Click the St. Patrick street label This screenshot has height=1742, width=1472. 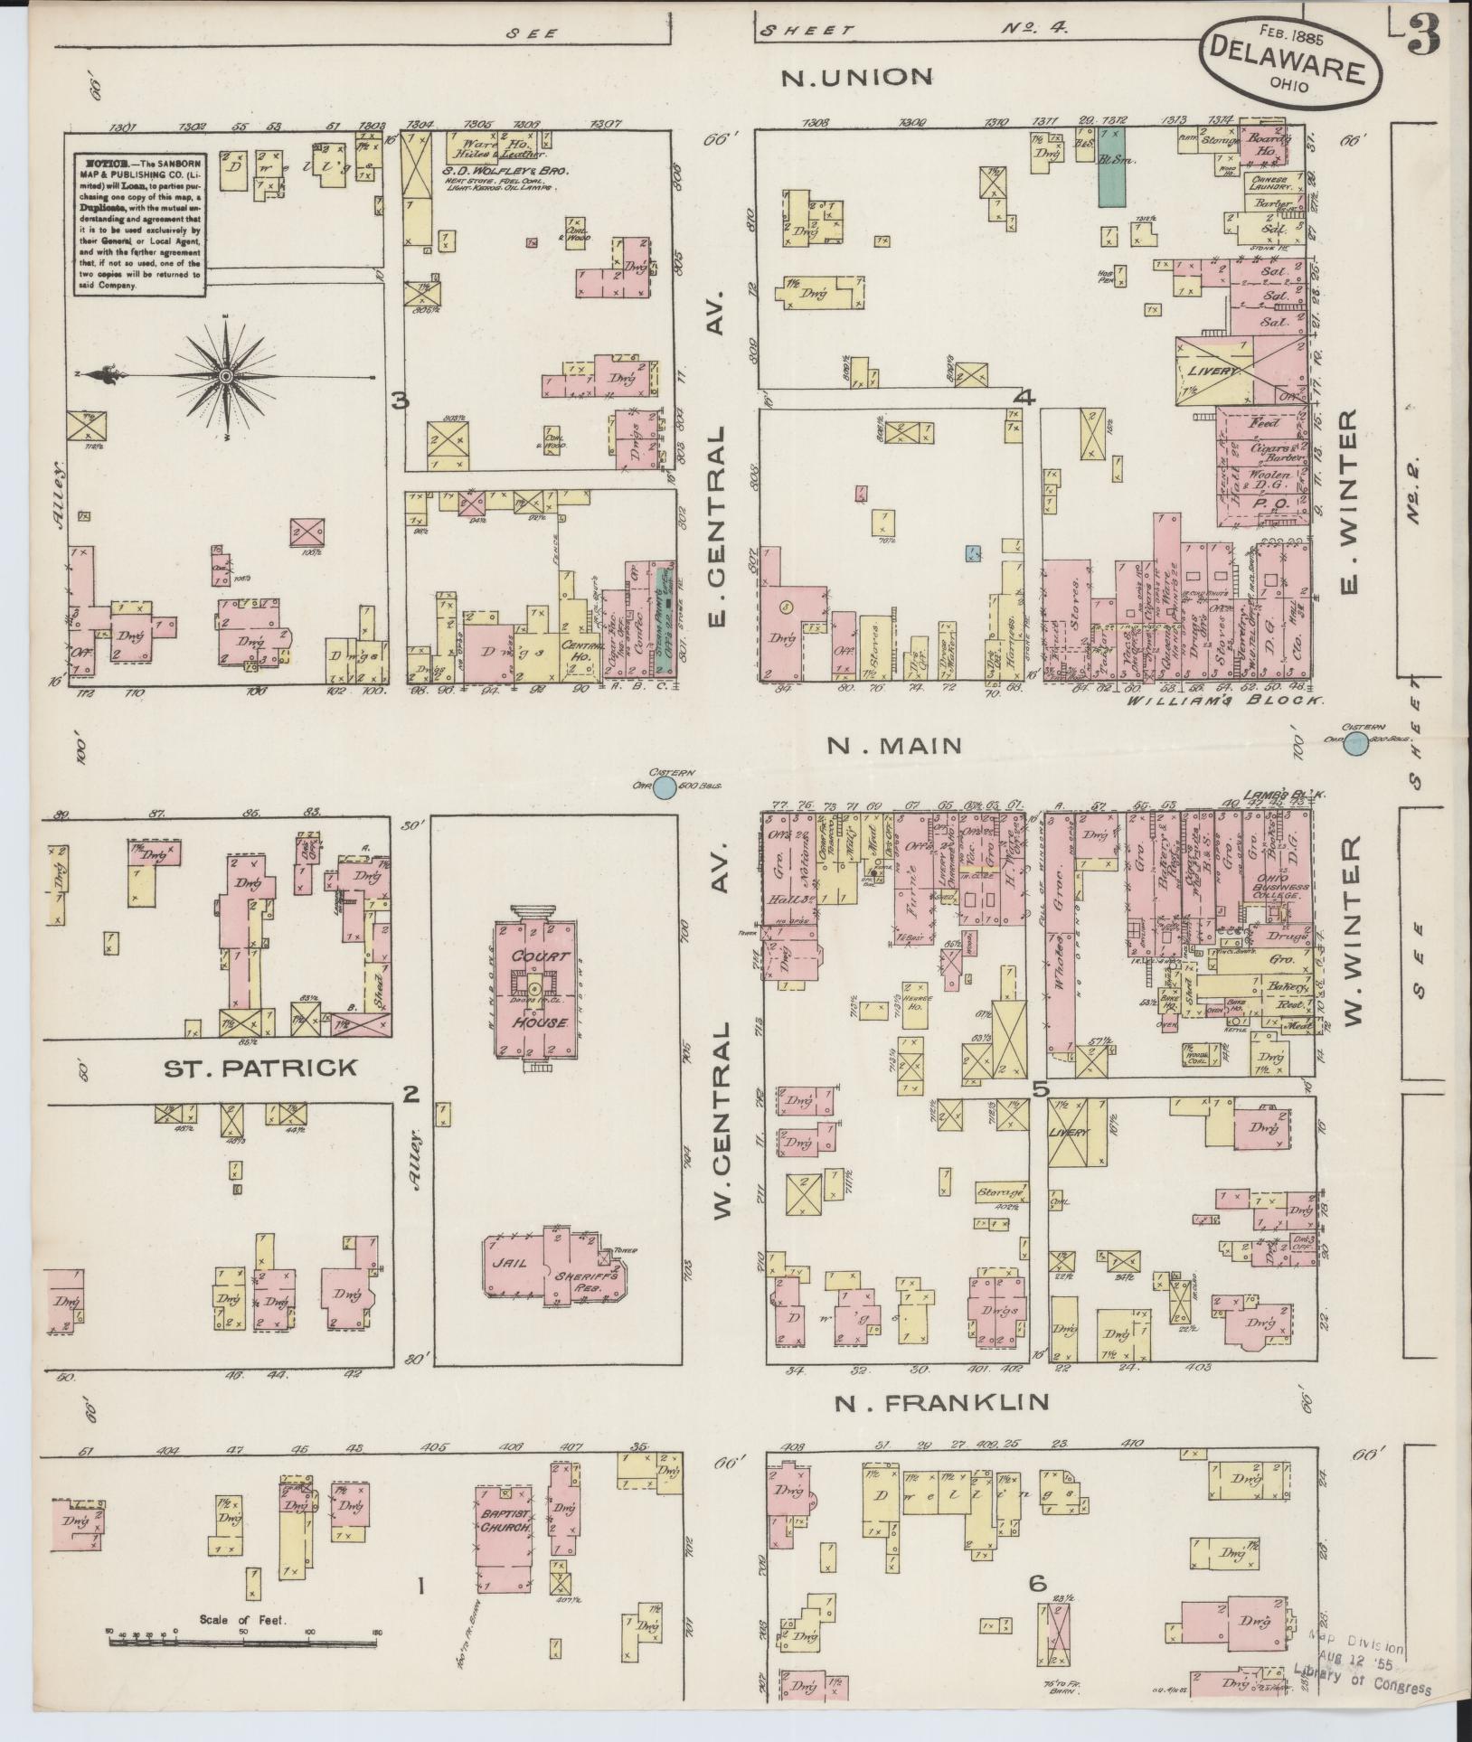[260, 1069]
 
